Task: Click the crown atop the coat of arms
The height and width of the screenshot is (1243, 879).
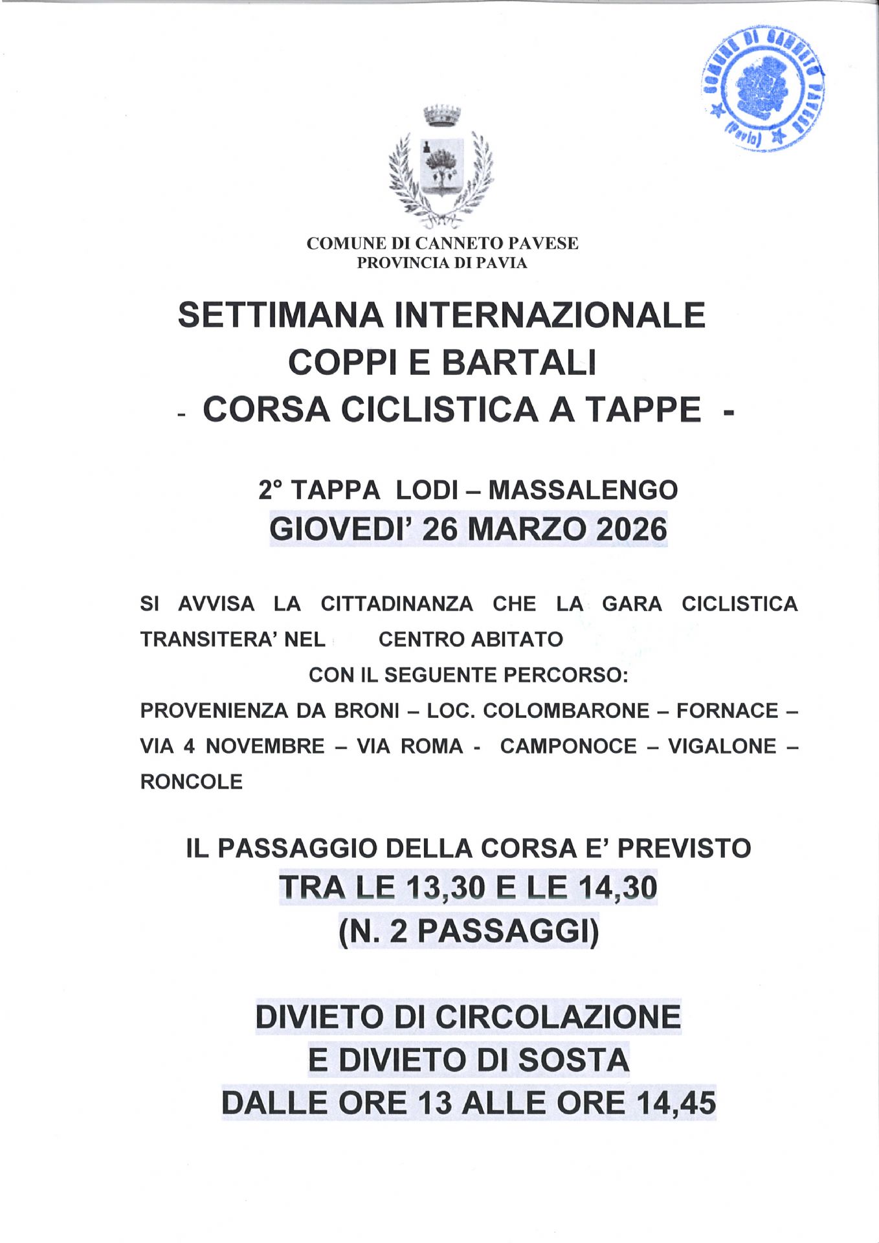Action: click(x=441, y=115)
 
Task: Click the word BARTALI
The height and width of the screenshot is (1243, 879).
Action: click(x=518, y=363)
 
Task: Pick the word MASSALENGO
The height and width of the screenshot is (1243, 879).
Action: click(x=583, y=490)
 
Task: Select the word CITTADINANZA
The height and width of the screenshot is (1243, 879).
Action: click(x=397, y=604)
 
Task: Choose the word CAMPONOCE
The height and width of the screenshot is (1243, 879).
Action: click(x=568, y=746)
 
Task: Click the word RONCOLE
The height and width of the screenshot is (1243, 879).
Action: click(x=192, y=782)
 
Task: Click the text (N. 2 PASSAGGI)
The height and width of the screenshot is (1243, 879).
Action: click(x=469, y=932)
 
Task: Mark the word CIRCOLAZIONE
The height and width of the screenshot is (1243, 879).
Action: click(x=557, y=1017)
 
